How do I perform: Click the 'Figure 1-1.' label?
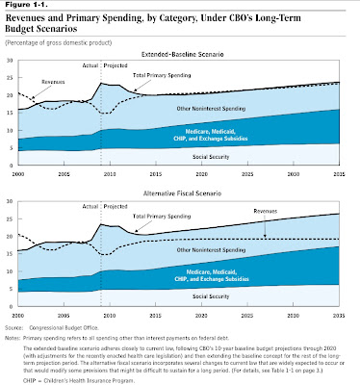click(23, 5)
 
